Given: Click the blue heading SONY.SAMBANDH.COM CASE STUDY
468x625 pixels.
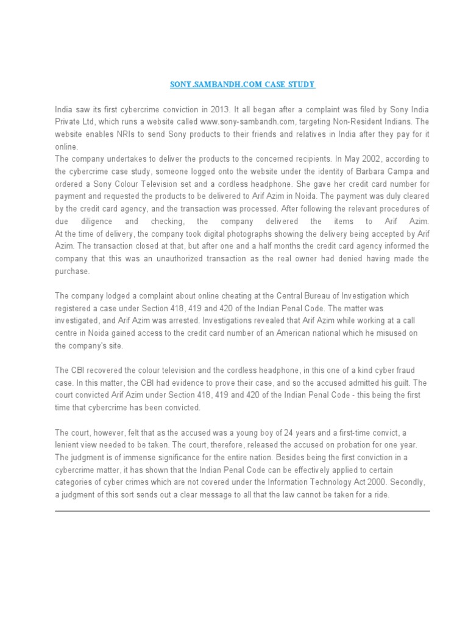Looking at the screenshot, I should (242, 84).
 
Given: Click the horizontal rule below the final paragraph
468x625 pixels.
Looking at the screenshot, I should (242, 511).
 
